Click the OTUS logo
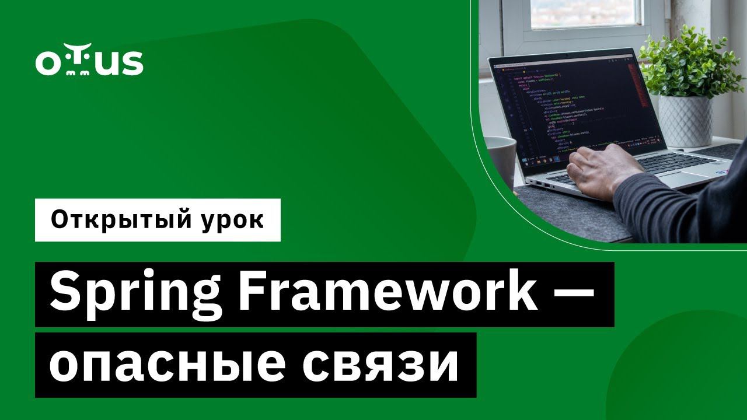(89, 63)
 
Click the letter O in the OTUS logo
(46, 64)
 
